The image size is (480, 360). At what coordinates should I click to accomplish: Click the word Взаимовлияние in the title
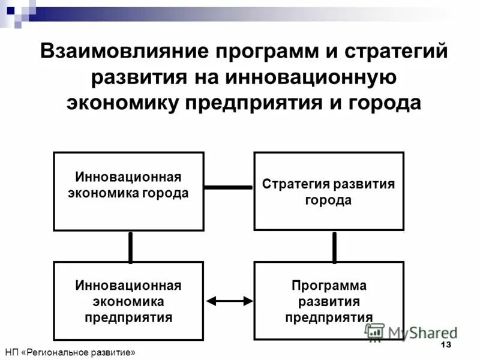tap(112, 52)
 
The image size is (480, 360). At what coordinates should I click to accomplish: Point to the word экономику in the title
tap(121, 103)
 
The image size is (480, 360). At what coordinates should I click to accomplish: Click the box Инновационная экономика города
tap(128, 191)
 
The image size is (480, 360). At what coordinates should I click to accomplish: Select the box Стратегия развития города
tap(329, 191)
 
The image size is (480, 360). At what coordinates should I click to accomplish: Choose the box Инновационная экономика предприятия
tap(128, 301)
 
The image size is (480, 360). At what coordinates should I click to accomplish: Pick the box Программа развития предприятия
tap(329, 301)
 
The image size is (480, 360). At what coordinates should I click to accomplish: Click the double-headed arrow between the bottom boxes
tap(229, 301)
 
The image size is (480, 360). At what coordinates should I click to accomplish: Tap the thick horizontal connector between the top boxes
tap(229, 187)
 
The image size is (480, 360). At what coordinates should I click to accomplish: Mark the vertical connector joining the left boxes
tap(130, 247)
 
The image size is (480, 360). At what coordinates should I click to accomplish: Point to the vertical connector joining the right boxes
tap(334, 247)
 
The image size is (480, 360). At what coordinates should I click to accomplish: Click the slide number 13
tap(445, 345)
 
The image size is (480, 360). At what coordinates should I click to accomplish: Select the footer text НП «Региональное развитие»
tap(70, 353)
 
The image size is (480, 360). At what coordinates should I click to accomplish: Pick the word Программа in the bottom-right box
tap(329, 286)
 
